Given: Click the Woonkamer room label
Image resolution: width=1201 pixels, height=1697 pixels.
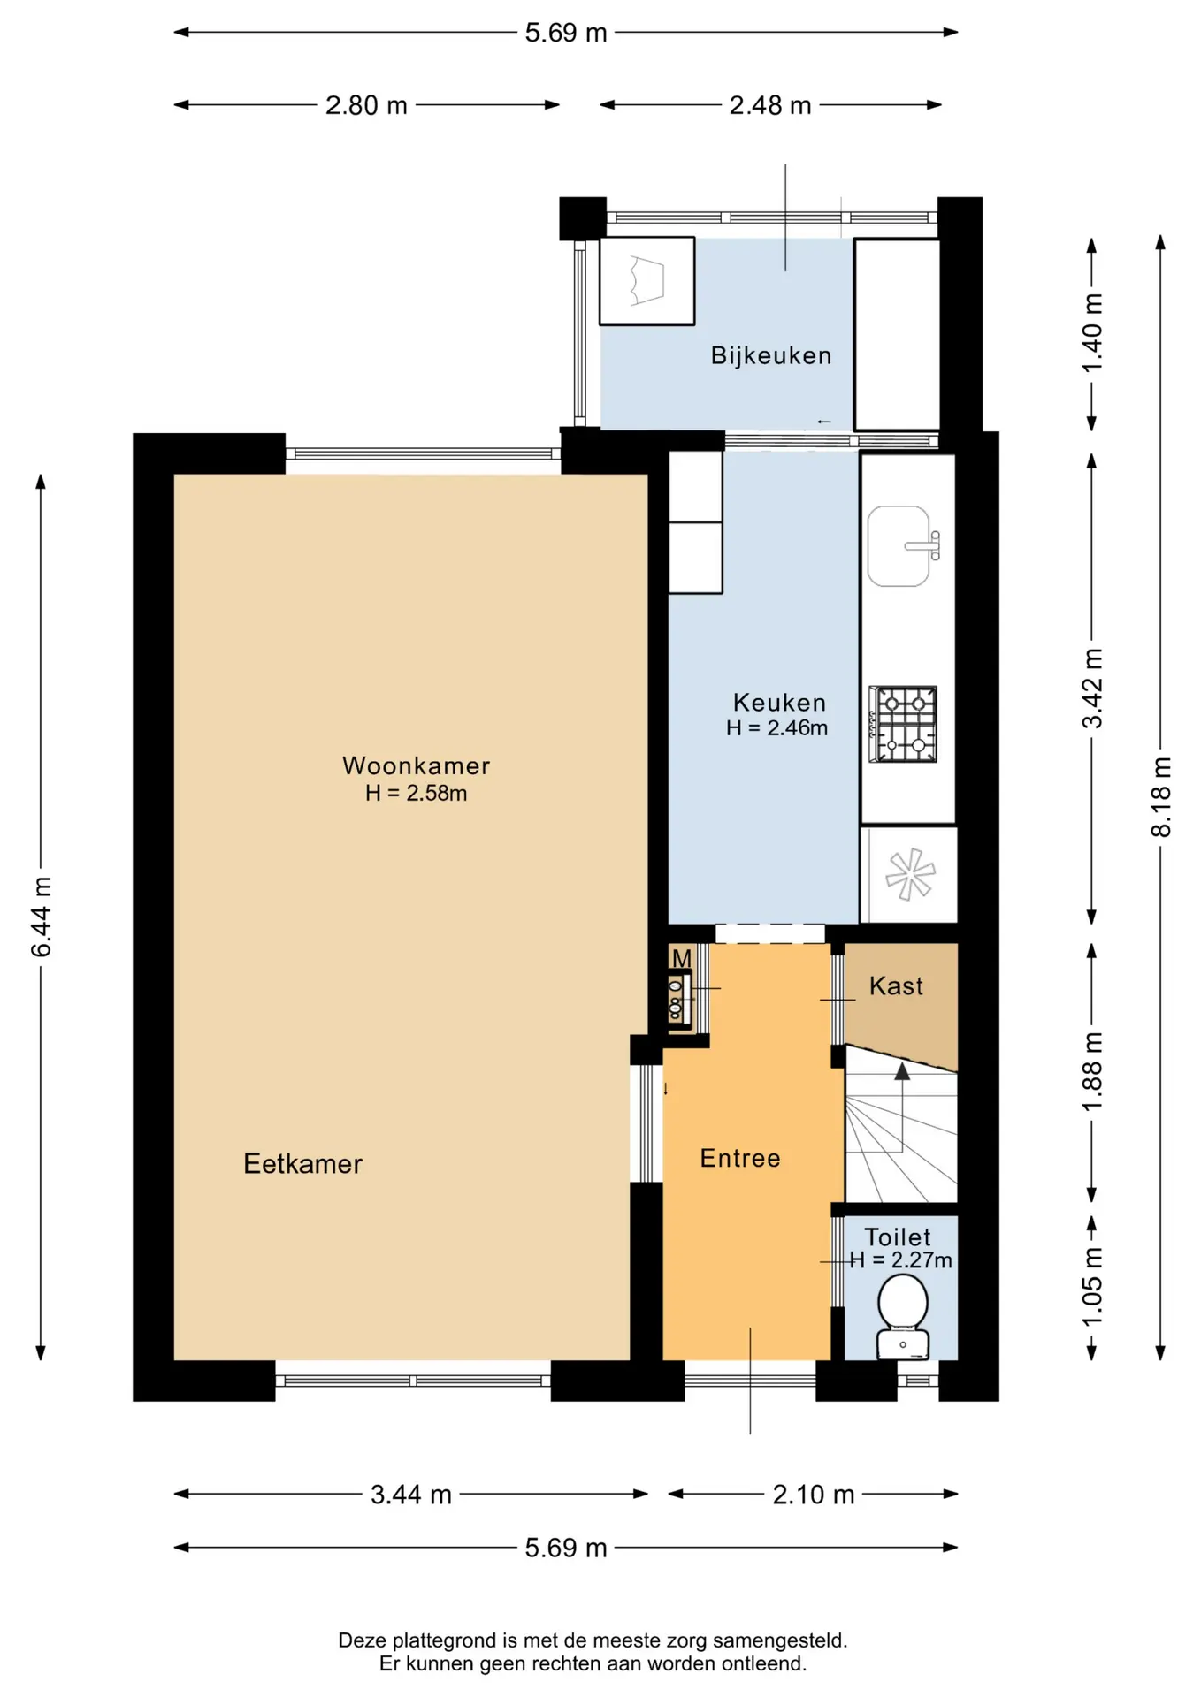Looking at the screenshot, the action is [416, 765].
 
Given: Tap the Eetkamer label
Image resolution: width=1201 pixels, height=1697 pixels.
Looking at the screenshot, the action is [302, 1163].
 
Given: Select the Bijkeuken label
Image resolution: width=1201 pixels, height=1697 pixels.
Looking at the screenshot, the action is [771, 355].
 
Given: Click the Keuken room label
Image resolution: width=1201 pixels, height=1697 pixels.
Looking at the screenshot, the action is [779, 703].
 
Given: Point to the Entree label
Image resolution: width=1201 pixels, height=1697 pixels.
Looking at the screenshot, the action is [740, 1158].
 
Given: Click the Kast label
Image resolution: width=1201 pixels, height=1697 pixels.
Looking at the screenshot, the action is [896, 985].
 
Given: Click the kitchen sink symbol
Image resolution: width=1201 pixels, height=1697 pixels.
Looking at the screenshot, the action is [903, 546].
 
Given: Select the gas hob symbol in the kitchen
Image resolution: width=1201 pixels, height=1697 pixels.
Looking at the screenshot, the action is [903, 724].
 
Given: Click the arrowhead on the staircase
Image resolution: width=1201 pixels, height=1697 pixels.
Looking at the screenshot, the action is [902, 1071].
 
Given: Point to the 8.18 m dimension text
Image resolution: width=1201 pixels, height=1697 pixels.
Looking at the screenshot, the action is [1160, 796].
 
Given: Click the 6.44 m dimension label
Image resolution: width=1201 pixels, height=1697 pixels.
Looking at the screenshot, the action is [41, 917].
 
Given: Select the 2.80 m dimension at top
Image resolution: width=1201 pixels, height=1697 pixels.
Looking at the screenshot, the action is [366, 105].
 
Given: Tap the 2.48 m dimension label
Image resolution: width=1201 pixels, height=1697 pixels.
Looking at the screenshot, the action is [770, 105].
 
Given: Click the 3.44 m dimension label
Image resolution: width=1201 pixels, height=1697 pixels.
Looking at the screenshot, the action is [411, 1495].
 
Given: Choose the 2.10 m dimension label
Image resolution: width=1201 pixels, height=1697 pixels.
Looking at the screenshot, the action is [814, 1495].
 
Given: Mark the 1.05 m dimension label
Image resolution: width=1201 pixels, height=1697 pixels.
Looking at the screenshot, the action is [1092, 1286].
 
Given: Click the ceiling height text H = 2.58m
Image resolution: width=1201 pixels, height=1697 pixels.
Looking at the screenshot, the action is [416, 793].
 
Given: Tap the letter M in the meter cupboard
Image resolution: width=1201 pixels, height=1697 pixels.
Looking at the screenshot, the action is [681, 959].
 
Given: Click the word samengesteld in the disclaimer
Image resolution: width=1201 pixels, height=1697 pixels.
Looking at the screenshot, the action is [778, 1640].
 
